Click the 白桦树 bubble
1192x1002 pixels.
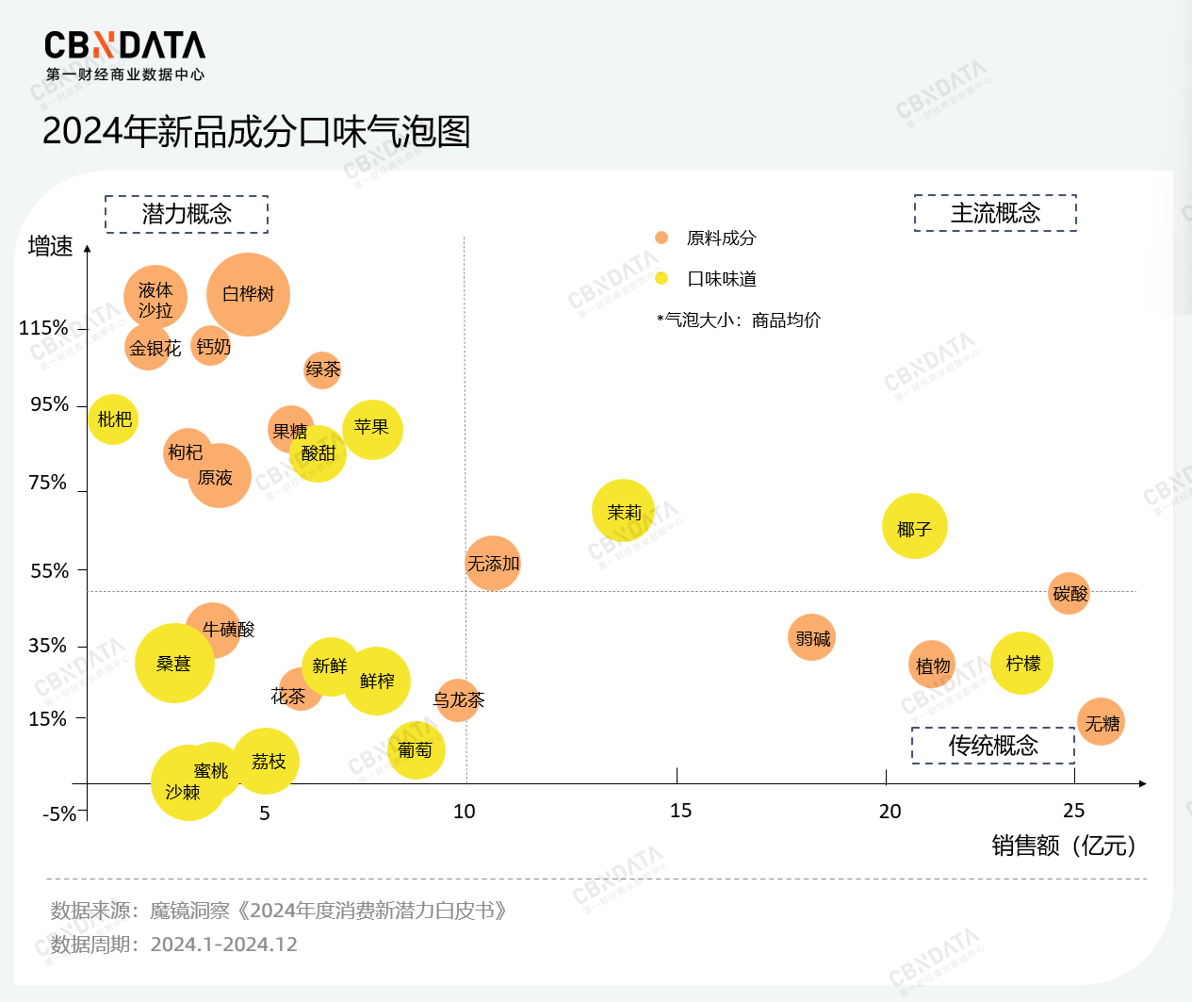coord(248,294)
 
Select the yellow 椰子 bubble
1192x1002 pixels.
coord(914,526)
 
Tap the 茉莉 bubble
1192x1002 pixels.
coord(623,510)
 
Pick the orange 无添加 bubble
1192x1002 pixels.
coord(492,563)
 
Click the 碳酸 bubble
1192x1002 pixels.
coord(1069,593)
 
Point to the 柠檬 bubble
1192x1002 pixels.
coord(1021,663)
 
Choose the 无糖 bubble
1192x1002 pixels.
coord(1101,722)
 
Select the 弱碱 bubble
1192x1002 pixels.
coord(811,637)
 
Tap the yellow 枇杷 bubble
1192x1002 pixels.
coord(113,419)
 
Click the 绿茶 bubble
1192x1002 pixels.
coord(322,370)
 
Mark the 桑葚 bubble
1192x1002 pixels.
coord(174,663)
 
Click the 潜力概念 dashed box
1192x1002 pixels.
coord(187,214)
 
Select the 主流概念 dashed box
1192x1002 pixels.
coord(995,213)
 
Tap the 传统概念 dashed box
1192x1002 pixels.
coord(993,746)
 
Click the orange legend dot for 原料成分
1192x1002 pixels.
coord(661,238)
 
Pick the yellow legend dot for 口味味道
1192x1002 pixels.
coord(661,278)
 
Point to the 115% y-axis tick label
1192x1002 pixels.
coord(43,328)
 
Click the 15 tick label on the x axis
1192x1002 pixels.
coord(680,811)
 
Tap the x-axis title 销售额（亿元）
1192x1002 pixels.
coord(1064,846)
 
